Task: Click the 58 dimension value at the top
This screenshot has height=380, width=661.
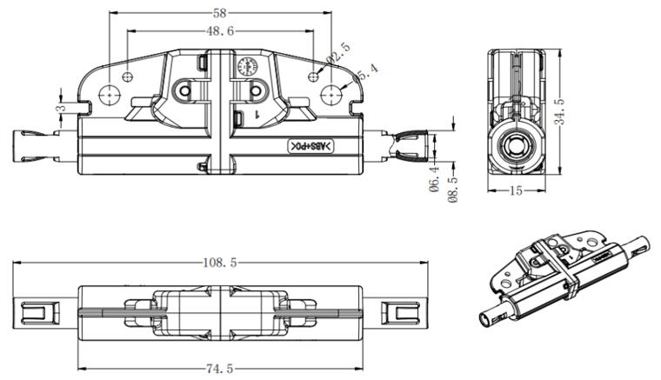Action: tap(222, 13)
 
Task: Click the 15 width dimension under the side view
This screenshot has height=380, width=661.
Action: tap(515, 191)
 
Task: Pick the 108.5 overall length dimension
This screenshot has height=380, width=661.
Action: tap(221, 261)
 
